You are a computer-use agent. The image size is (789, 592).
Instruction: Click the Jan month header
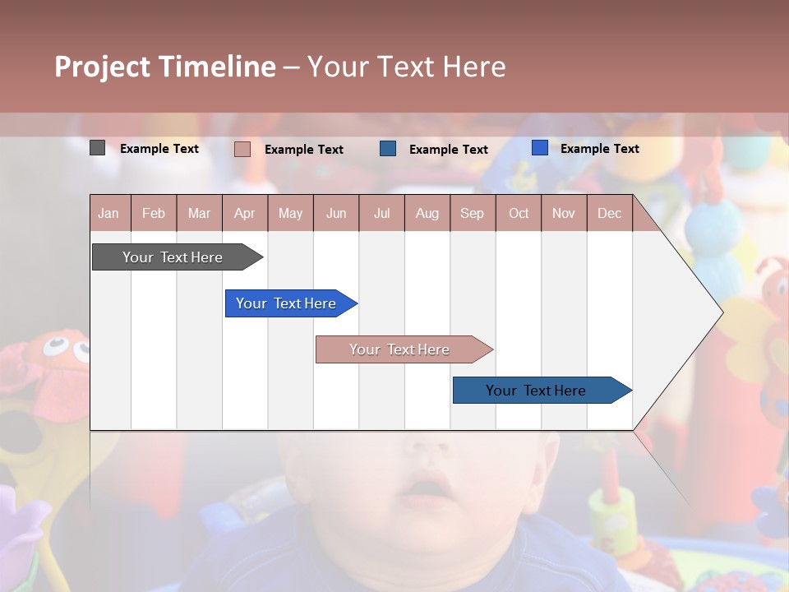pyautogui.click(x=108, y=213)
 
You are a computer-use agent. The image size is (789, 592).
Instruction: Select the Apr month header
pyautogui.click(x=244, y=213)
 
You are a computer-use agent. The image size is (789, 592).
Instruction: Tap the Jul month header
pyautogui.click(x=381, y=213)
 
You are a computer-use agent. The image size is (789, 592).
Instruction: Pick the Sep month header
pyautogui.click(x=472, y=213)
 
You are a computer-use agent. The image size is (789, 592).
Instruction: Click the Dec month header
pyautogui.click(x=609, y=213)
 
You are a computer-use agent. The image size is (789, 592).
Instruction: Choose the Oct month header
pyautogui.click(x=519, y=213)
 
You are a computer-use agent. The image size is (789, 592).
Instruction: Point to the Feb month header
pyautogui.click(x=154, y=213)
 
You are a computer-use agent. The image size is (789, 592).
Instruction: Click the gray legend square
pyautogui.click(x=97, y=148)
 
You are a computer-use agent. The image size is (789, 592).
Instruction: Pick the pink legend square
pyautogui.click(x=242, y=149)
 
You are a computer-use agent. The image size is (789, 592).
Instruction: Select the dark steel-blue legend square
pyautogui.click(x=388, y=148)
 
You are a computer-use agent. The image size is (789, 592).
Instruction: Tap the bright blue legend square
pyautogui.click(x=539, y=147)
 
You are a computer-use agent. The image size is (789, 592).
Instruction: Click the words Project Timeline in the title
pyautogui.click(x=164, y=66)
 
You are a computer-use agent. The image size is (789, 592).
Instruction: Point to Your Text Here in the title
pyautogui.click(x=407, y=66)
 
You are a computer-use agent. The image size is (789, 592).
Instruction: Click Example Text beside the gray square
pyautogui.click(x=159, y=149)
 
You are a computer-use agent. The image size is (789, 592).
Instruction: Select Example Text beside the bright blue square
pyautogui.click(x=599, y=149)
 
